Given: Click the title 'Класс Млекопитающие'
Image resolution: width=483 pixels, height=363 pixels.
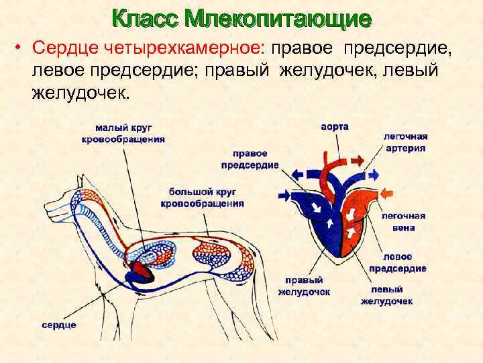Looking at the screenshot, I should pyautogui.click(x=241, y=19).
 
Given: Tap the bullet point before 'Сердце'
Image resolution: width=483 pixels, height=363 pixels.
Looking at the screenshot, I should pyautogui.click(x=20, y=48).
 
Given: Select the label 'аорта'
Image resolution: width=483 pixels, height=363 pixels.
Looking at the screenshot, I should pyautogui.click(x=334, y=126).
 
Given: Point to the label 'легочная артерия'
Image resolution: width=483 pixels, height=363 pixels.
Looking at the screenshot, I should pyautogui.click(x=405, y=142).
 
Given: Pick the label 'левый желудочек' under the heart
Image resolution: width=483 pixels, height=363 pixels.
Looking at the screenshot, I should pyautogui.click(x=386, y=296).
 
